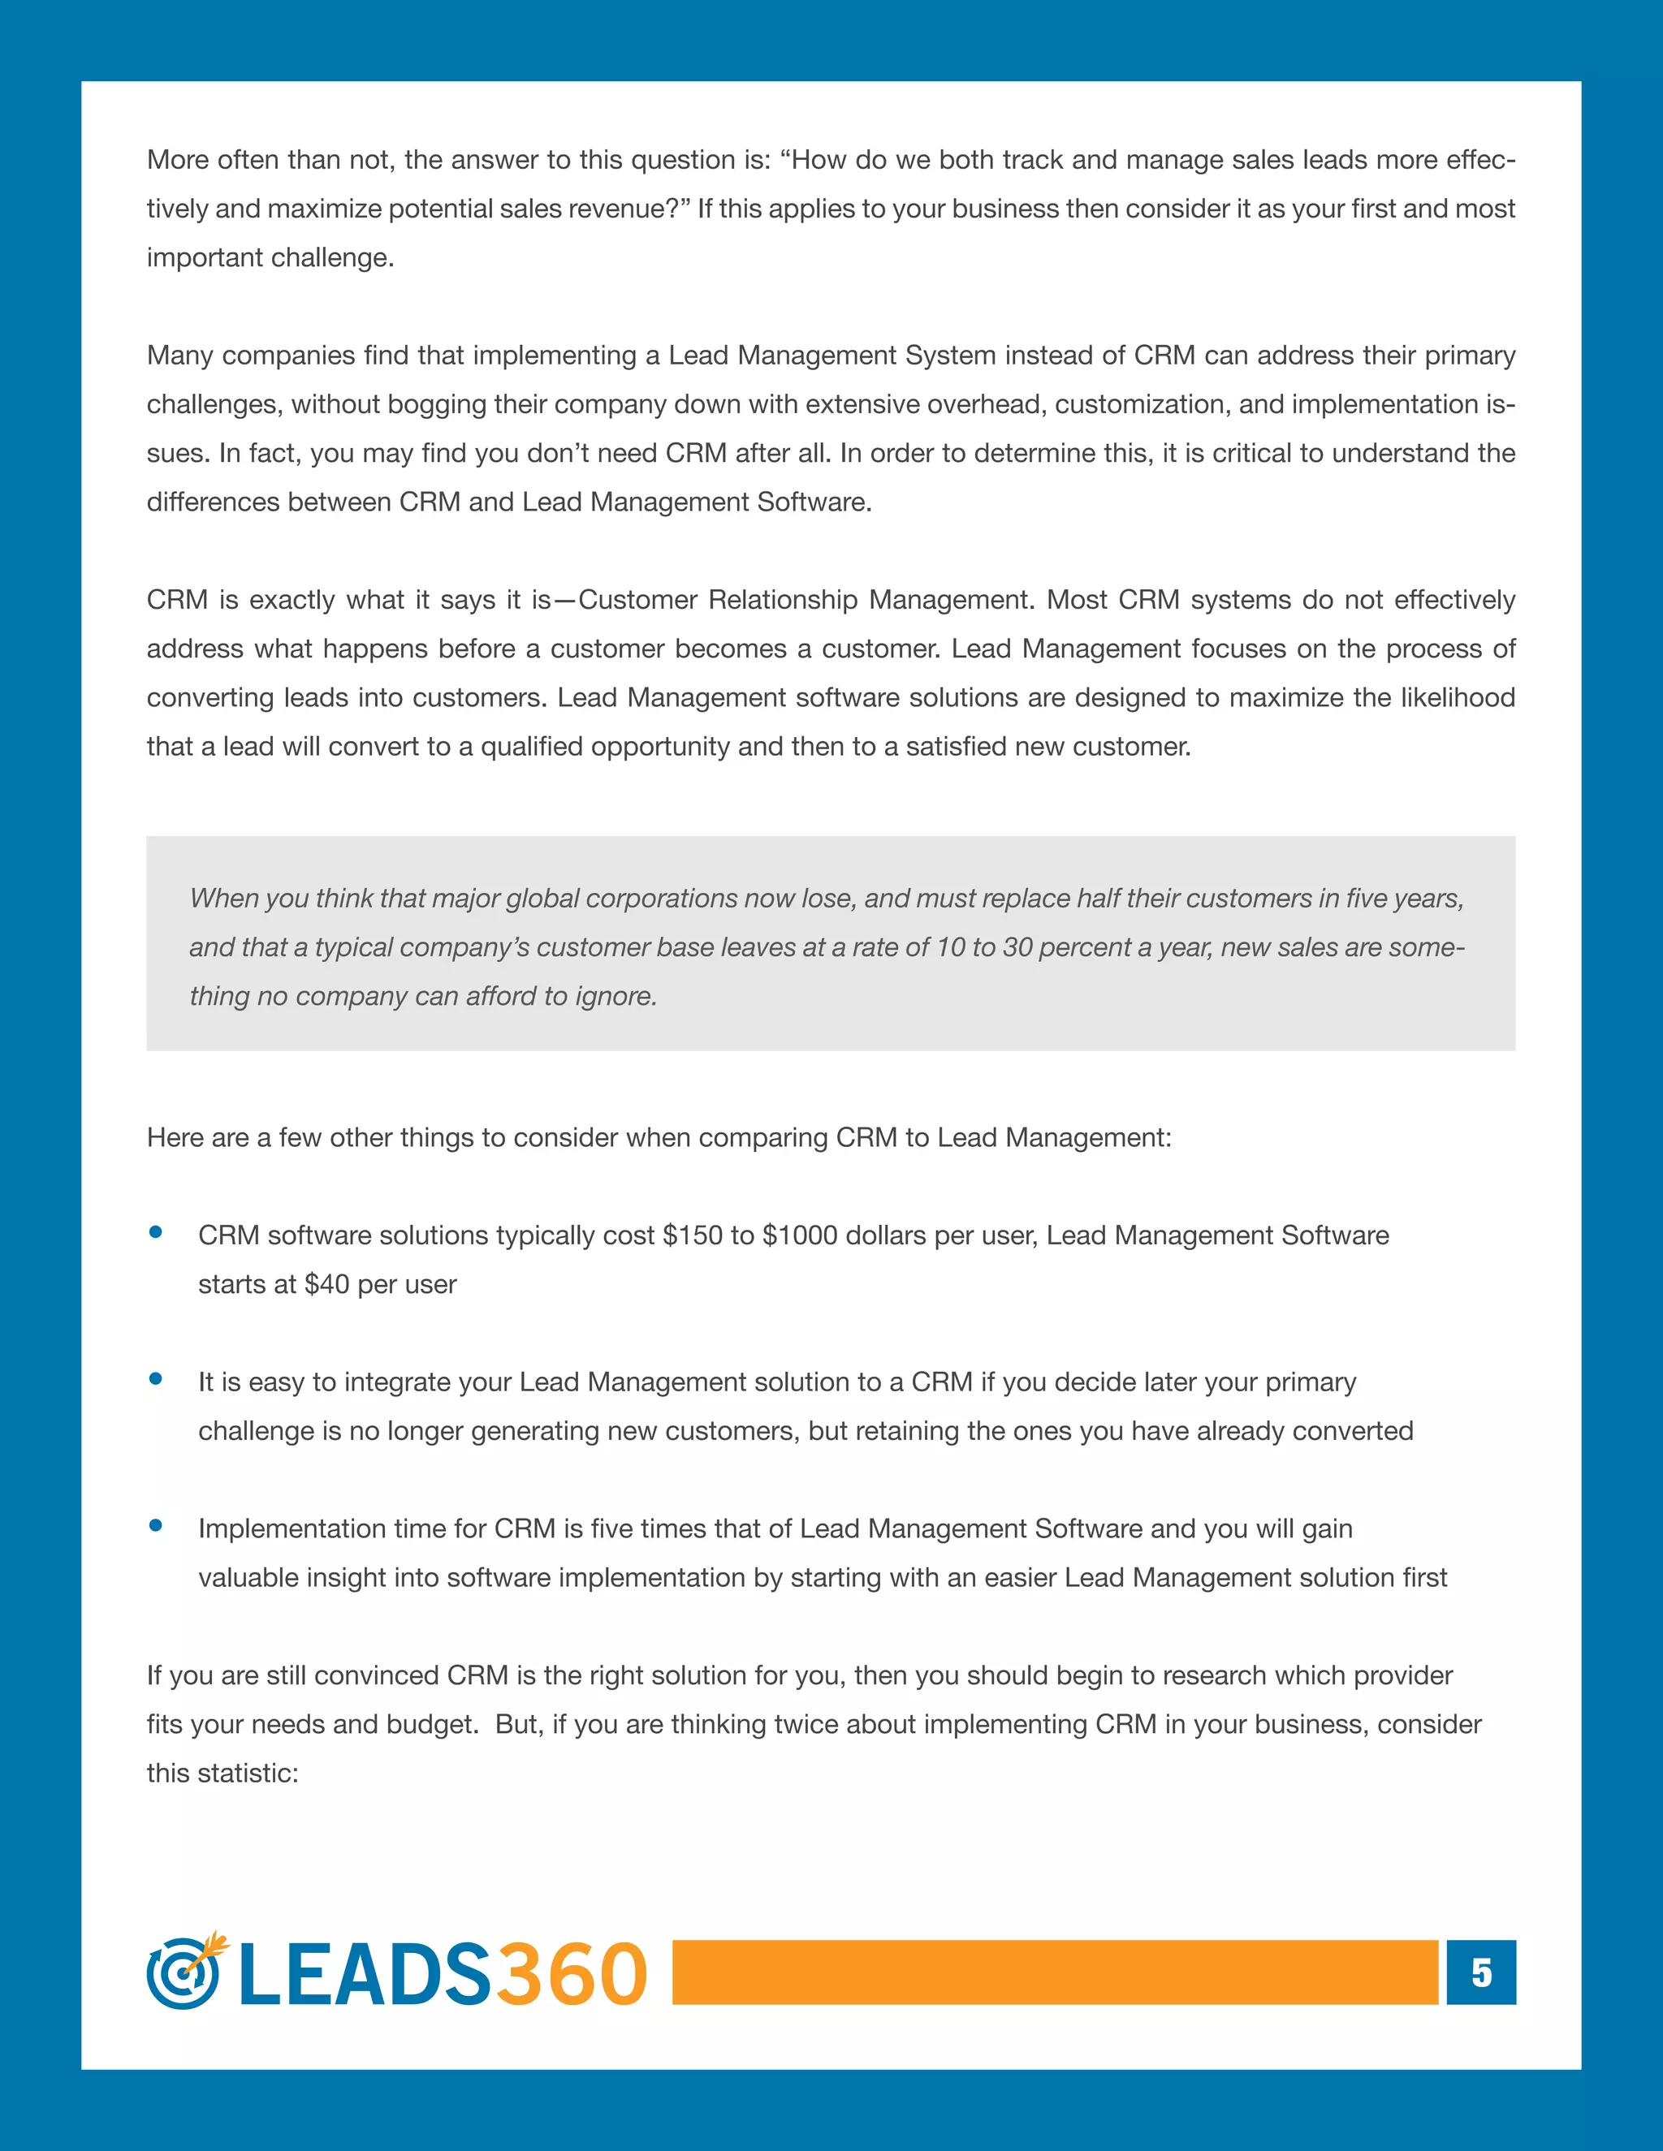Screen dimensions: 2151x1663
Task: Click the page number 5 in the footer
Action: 1481,1972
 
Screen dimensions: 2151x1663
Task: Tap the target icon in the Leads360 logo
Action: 184,1972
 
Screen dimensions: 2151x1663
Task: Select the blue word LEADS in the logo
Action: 365,1975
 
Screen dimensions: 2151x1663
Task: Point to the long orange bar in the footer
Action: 1054,1972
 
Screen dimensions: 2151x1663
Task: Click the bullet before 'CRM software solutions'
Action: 156,1232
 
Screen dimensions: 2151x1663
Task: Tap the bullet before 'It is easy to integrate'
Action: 156,1379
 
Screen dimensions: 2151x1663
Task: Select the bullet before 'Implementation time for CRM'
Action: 156,1526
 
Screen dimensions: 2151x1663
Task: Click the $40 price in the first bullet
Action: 326,1284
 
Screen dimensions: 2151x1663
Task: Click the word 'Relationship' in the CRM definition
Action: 782,600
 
